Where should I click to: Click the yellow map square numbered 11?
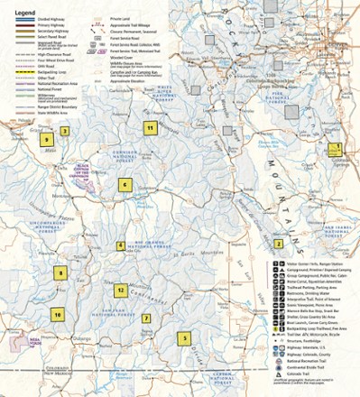151,128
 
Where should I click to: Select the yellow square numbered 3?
65,130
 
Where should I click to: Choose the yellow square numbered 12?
120,291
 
